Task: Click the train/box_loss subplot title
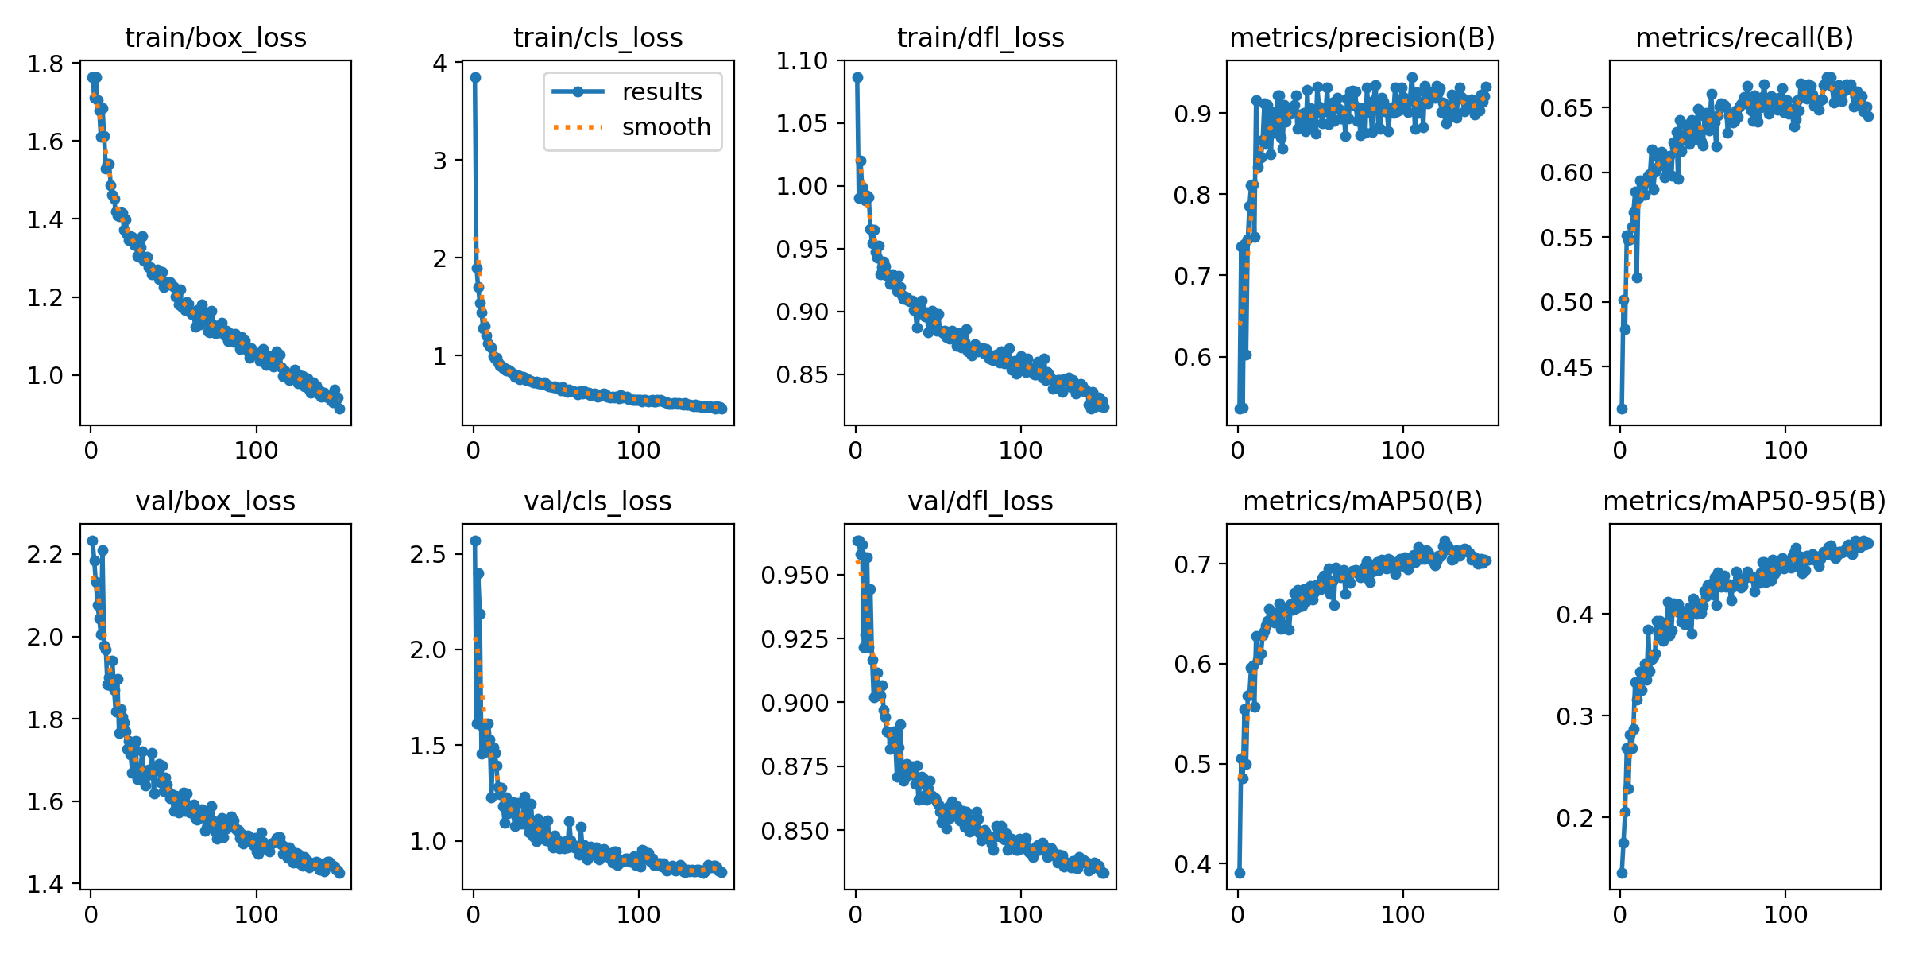pos(215,37)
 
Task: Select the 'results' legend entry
pos(661,92)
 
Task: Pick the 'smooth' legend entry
pos(666,127)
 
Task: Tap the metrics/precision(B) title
pos(1362,37)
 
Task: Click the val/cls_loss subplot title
pos(598,501)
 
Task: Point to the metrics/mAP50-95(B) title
pos(1744,501)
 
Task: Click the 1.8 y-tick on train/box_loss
pos(45,64)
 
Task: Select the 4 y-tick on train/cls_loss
pos(439,64)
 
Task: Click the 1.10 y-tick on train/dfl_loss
pos(802,60)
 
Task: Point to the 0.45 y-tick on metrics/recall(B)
pos(1567,367)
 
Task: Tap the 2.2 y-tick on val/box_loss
pos(45,554)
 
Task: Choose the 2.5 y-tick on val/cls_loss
pos(428,554)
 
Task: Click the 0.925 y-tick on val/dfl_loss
pos(795,639)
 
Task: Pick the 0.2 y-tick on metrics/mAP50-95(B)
pos(1575,818)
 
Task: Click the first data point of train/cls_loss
pos(475,77)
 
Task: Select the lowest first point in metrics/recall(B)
pos(1622,409)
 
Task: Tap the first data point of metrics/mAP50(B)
pos(1240,873)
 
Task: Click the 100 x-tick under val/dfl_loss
pos(1020,914)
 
